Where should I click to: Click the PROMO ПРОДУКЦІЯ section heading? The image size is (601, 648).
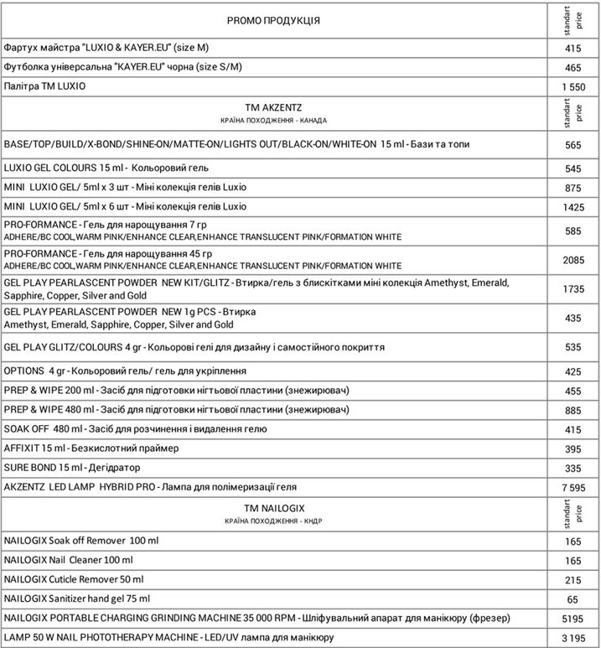pyautogui.click(x=273, y=19)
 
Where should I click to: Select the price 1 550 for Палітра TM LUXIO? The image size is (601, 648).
pyautogui.click(x=573, y=87)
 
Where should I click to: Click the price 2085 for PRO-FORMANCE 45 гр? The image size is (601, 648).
pyautogui.click(x=573, y=261)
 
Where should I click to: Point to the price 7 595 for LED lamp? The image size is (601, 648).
pyautogui.click(x=573, y=487)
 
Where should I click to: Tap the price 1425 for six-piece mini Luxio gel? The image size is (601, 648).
pyautogui.click(x=573, y=207)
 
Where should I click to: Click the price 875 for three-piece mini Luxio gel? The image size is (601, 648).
pyautogui.click(x=573, y=188)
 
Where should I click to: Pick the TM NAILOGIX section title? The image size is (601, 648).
pyautogui.click(x=273, y=509)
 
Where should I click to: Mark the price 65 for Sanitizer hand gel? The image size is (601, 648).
pyautogui.click(x=573, y=600)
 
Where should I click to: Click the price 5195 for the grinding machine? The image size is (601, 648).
pyautogui.click(x=573, y=619)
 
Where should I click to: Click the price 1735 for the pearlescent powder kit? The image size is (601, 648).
pyautogui.click(x=573, y=288)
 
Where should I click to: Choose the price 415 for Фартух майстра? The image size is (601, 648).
pyautogui.click(x=573, y=49)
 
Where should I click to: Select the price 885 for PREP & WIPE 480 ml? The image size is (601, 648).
pyautogui.click(x=573, y=410)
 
